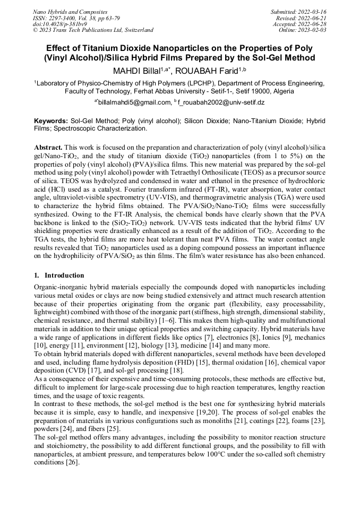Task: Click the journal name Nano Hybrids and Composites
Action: (70, 12)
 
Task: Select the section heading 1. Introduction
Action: (59, 275)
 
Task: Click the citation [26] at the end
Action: (72, 462)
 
